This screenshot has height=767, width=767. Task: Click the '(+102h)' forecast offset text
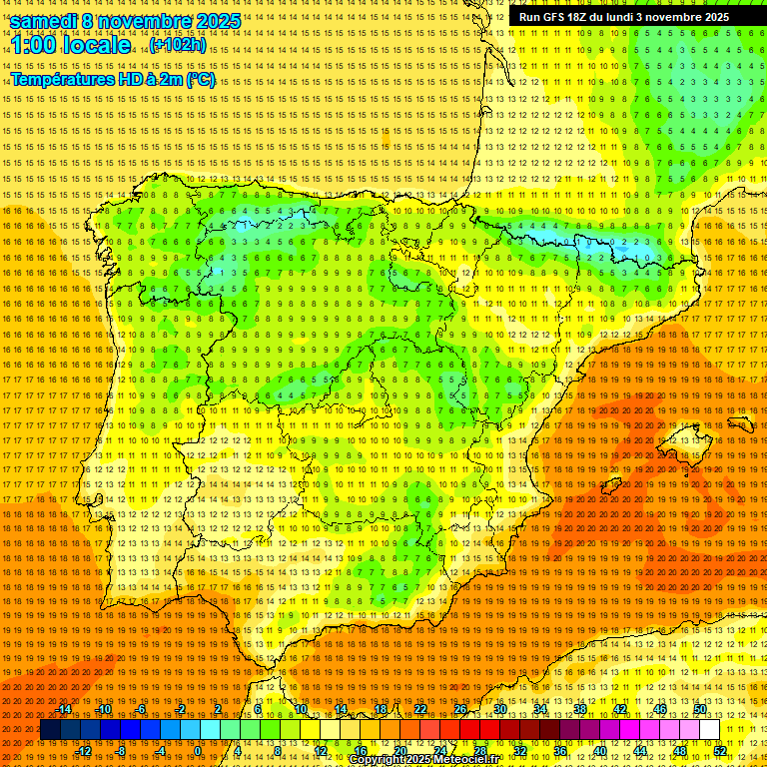tap(178, 45)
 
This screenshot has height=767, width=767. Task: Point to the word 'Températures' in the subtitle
tap(61, 79)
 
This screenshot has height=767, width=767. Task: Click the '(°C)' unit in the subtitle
tap(200, 79)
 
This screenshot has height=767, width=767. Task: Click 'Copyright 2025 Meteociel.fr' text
tap(423, 760)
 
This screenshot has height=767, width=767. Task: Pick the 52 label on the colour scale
tap(720, 750)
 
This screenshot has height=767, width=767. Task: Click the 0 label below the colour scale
tap(199, 750)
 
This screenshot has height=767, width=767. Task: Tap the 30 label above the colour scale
tap(500, 709)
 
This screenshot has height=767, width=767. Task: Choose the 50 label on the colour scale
tap(700, 709)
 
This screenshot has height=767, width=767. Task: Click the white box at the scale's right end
tap(709, 730)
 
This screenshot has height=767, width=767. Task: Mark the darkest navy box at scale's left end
tap(50, 730)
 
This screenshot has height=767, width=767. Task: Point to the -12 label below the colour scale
tap(84, 750)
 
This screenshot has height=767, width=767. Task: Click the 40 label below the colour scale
tap(600, 750)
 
